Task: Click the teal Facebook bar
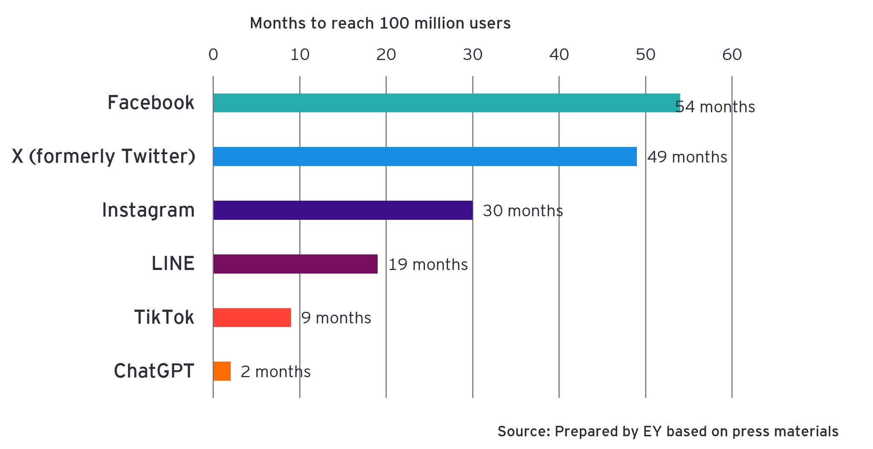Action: point(446,103)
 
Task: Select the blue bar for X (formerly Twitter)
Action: point(425,156)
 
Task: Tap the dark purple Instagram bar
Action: point(343,210)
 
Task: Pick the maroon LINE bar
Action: point(295,264)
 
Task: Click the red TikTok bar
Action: point(252,317)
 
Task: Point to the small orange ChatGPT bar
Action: point(222,371)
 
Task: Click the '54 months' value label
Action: point(715,107)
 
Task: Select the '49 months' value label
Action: point(687,157)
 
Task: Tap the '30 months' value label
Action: point(523,211)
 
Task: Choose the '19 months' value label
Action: point(428,265)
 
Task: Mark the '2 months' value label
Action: point(275,372)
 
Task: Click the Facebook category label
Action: point(150,103)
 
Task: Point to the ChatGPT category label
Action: point(154,371)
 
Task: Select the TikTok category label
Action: point(164,317)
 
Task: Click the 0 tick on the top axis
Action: point(213,55)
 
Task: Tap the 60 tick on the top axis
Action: point(732,55)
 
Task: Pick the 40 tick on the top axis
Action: point(559,55)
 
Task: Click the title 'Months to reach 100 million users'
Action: point(380,23)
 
